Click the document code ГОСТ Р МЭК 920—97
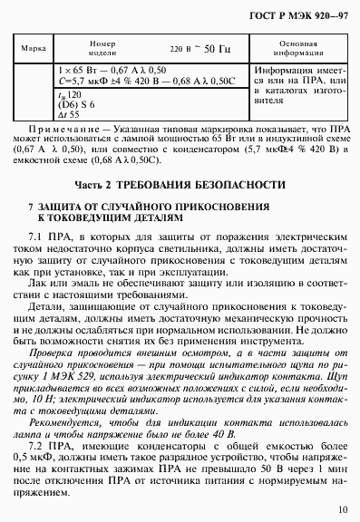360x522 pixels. click(303, 14)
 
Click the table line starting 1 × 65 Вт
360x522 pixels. click(113, 69)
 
